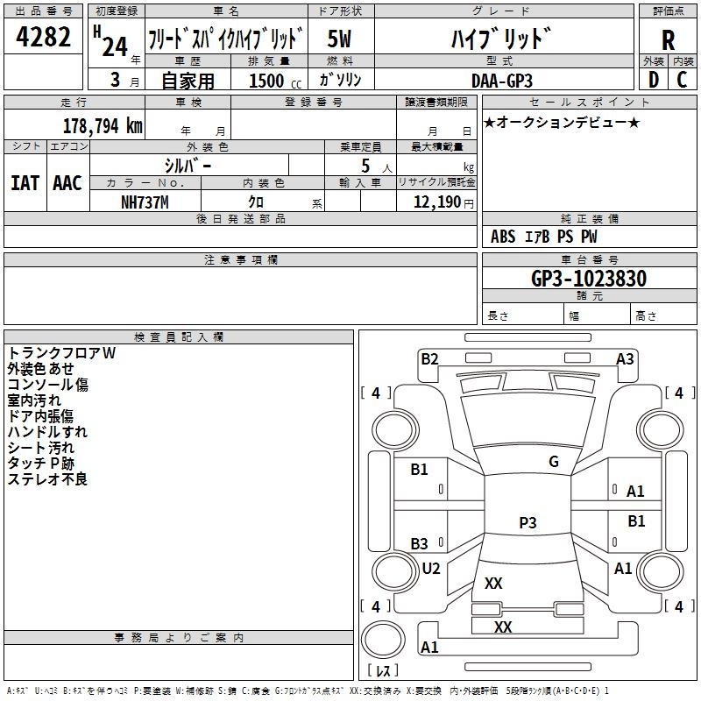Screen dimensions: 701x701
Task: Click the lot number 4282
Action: click(x=44, y=38)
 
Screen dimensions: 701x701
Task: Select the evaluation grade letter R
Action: click(x=668, y=39)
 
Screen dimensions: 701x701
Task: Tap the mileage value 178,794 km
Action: click(x=102, y=125)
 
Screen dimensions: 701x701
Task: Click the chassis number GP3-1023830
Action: click(x=589, y=279)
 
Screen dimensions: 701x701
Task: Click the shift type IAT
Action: click(x=25, y=183)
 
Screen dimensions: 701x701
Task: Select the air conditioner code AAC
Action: click(x=67, y=183)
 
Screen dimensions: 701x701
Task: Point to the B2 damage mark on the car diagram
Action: click(x=429, y=358)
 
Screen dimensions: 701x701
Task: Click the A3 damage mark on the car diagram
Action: click(x=625, y=358)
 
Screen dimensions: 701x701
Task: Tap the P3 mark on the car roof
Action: click(x=528, y=523)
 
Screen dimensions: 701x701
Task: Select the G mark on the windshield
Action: click(x=553, y=462)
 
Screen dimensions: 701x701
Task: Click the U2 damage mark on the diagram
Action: click(x=430, y=568)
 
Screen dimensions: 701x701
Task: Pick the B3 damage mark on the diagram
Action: click(x=420, y=543)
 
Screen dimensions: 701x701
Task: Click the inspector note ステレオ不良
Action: click(x=47, y=479)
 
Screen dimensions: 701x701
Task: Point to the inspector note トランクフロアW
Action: click(x=61, y=353)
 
